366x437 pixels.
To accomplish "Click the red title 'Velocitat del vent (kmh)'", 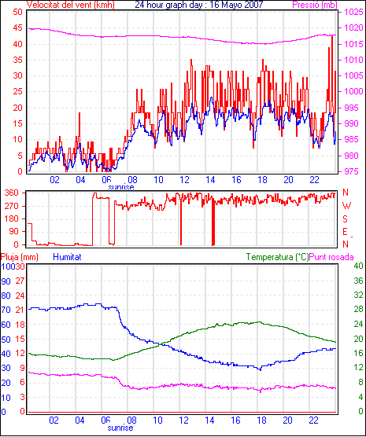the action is coord(70,5).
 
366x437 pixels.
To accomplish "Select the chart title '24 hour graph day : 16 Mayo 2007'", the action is coord(199,5).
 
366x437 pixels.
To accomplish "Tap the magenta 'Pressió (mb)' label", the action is coord(315,5).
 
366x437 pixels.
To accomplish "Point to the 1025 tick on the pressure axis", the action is coord(353,12).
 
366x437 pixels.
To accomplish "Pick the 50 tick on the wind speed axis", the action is coord(17,12).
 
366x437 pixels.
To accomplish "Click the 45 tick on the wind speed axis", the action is coord(17,28).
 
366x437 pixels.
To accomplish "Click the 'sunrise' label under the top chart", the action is coord(121,187).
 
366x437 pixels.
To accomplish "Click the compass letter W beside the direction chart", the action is coord(346,206).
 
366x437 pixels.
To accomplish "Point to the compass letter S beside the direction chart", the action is coord(345,219).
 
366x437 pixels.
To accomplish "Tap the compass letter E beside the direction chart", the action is coord(345,232).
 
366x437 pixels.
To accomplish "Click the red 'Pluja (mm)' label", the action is coord(19,257).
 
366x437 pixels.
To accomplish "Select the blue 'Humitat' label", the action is coord(67,257).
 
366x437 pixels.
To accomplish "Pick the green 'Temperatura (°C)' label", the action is coord(278,257).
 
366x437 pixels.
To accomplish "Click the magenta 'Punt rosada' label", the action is coord(331,257).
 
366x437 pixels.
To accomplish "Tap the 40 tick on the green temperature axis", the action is coord(358,266).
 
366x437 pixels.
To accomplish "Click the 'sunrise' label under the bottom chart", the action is coord(120,428).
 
